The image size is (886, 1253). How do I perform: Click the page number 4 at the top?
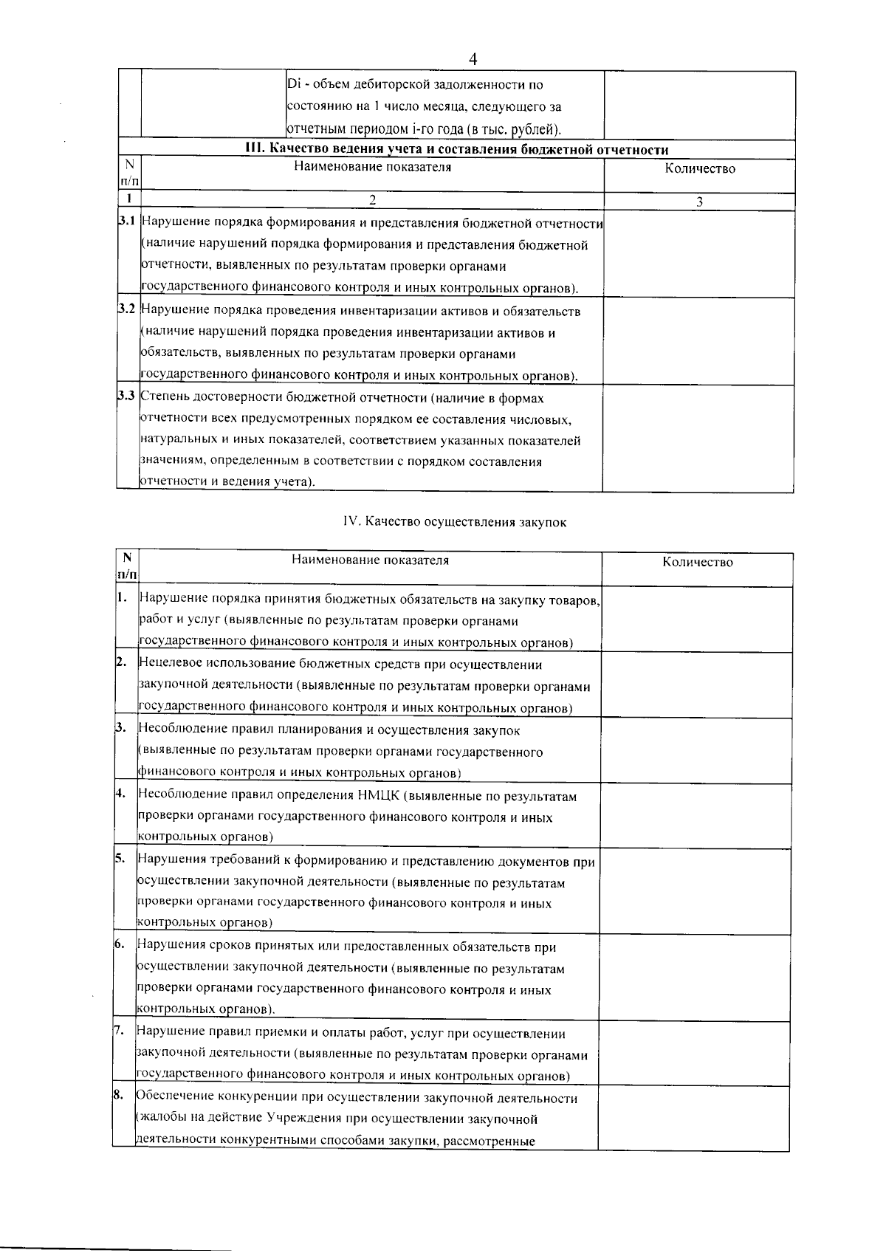[x=473, y=59]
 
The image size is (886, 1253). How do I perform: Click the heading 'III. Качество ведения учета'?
[x=456, y=150]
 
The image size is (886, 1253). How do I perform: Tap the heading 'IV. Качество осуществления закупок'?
[x=454, y=522]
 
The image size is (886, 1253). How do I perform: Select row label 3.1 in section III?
[x=127, y=222]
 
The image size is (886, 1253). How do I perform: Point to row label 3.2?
[x=127, y=310]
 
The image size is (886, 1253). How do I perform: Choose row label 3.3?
[x=127, y=397]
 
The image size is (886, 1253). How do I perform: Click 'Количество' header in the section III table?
[x=699, y=169]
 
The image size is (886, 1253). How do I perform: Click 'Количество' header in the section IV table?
[x=697, y=563]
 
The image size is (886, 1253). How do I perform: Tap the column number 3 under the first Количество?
[x=699, y=202]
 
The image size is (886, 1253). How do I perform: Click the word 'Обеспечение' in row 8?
[x=174, y=1099]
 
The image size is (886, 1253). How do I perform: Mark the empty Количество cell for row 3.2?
[x=699, y=341]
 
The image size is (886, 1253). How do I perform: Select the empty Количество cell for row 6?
[x=695, y=978]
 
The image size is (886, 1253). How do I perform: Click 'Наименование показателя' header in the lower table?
[x=370, y=560]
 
